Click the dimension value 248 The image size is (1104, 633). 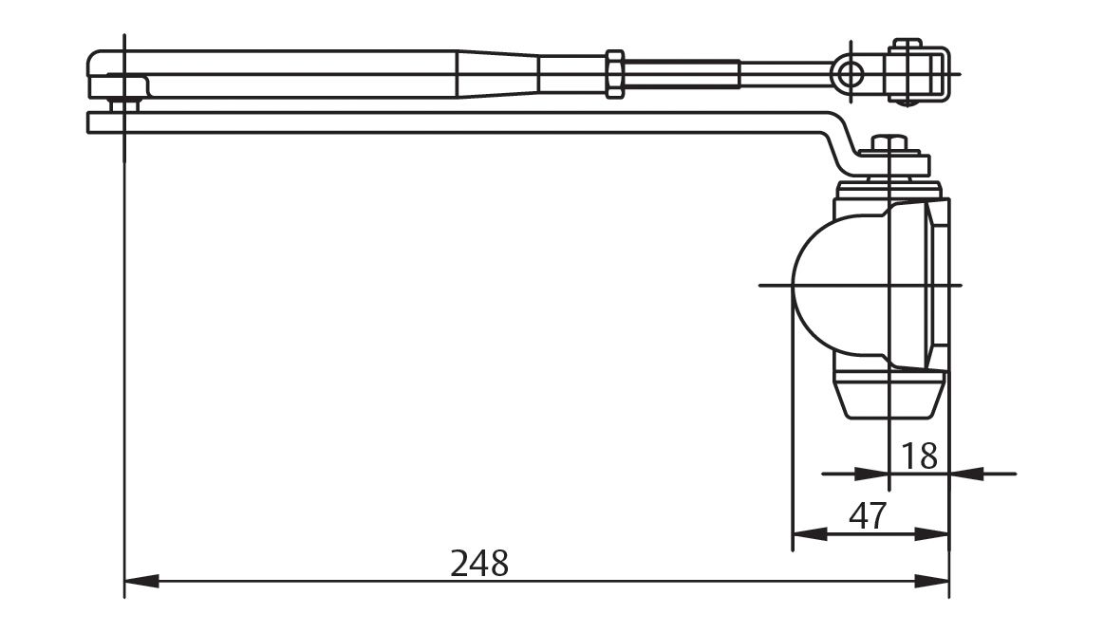[x=479, y=564]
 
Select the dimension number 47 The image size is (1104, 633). [x=867, y=517]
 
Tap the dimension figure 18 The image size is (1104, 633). [x=918, y=456]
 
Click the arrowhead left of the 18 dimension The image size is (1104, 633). [x=871, y=473]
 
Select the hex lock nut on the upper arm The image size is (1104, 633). [x=614, y=73]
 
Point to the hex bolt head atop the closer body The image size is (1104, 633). [x=888, y=144]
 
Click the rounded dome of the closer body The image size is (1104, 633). [x=826, y=284]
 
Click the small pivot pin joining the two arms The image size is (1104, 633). [x=120, y=102]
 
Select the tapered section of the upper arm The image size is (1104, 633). [x=498, y=73]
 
